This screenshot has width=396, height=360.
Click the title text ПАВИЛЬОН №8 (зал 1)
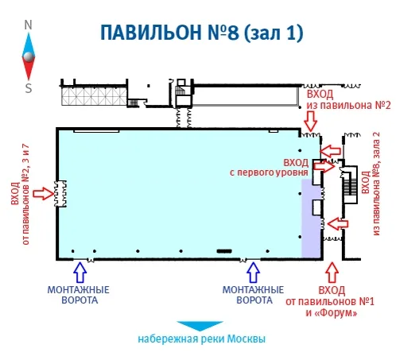click(x=202, y=33)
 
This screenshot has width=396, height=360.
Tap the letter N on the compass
click(x=28, y=25)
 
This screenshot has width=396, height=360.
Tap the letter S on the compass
click(x=29, y=88)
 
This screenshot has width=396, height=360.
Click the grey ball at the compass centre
click(x=29, y=56)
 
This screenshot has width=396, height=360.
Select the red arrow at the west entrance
click(x=44, y=193)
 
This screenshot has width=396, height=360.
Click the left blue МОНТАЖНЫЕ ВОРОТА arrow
click(x=80, y=273)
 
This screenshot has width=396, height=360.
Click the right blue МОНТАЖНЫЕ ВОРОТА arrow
click(x=253, y=273)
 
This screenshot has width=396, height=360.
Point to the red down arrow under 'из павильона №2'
click(x=310, y=121)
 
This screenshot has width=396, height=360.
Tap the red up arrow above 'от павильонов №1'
click(x=332, y=273)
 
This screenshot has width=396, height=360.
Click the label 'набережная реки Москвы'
click(x=201, y=339)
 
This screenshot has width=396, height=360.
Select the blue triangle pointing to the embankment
click(x=200, y=326)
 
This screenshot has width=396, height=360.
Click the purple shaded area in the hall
click(x=311, y=219)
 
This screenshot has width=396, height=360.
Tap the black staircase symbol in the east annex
click(x=350, y=188)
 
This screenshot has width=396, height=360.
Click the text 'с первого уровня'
click(x=269, y=172)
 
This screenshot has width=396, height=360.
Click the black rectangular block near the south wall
click(x=224, y=251)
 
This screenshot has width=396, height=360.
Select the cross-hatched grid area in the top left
click(x=94, y=96)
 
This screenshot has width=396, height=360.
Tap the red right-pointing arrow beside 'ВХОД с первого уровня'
click(x=324, y=166)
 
